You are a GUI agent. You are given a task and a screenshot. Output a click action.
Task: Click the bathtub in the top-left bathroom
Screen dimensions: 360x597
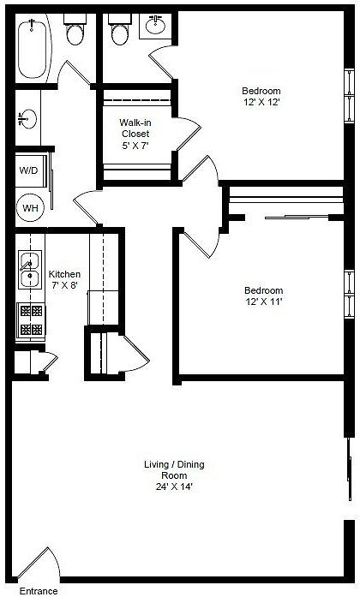tap(33, 49)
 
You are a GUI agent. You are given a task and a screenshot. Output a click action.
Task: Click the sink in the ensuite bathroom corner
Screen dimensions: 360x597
tap(155, 26)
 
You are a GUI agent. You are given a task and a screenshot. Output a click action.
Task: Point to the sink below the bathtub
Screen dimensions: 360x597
tap(27, 119)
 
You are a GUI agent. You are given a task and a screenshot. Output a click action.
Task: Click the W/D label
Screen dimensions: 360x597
tap(29, 170)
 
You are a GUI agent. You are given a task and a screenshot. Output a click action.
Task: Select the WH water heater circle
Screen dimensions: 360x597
tap(30, 208)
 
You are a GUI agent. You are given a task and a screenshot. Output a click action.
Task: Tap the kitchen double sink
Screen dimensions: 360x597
tap(30, 270)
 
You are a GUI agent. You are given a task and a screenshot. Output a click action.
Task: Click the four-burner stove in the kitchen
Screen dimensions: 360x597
tap(31, 320)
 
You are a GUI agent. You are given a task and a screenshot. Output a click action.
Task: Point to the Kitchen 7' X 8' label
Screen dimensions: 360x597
tap(64, 279)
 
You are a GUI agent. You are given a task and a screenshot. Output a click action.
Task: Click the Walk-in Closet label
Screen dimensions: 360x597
tap(135, 128)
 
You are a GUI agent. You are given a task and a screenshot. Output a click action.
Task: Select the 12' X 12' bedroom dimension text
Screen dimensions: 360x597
tap(262, 102)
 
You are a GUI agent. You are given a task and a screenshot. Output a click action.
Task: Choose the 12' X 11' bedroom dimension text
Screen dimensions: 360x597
tap(264, 302)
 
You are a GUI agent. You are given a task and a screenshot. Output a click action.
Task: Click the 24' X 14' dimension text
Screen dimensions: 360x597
tap(175, 487)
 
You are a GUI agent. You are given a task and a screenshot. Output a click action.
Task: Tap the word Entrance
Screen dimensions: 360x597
tap(39, 591)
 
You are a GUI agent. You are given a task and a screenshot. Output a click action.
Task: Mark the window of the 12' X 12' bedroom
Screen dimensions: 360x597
tap(350, 95)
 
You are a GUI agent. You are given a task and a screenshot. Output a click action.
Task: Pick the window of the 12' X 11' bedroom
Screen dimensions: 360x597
tap(350, 294)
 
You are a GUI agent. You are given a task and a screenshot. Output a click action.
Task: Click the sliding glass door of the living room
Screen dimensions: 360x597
tap(350, 469)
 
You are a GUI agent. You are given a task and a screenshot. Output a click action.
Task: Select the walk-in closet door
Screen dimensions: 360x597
tap(189, 134)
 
